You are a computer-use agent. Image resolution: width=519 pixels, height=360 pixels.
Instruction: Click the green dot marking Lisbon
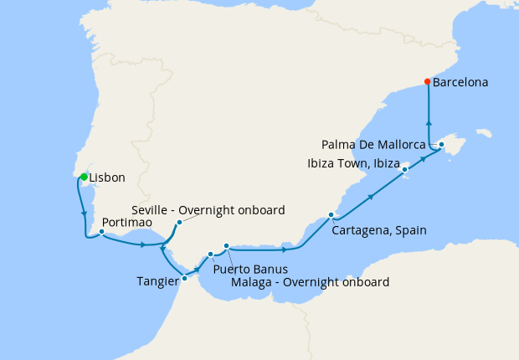pyautogui.click(x=84, y=177)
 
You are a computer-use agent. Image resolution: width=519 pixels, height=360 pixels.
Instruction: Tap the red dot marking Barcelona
pyautogui.click(x=428, y=82)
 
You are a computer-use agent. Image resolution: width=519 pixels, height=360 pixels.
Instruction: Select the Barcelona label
pyautogui.click(x=460, y=83)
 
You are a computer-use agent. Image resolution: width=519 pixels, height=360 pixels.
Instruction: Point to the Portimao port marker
pyautogui.click(x=101, y=232)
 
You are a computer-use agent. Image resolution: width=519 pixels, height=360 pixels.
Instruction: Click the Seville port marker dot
pyautogui.click(x=179, y=223)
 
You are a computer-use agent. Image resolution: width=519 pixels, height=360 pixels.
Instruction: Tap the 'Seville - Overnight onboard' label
pyautogui.click(x=208, y=209)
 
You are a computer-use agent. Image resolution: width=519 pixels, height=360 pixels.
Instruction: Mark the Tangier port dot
pyautogui.click(x=184, y=278)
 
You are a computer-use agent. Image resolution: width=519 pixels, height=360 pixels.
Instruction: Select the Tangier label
pyautogui.click(x=157, y=281)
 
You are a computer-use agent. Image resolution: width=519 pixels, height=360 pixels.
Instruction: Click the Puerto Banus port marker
pyautogui.click(x=210, y=254)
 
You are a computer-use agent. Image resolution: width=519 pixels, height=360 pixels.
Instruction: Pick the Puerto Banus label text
pyautogui.click(x=250, y=270)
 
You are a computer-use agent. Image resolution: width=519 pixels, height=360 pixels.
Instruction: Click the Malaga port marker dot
pyautogui.click(x=226, y=245)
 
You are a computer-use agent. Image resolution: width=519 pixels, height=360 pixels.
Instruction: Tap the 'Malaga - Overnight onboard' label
pyautogui.click(x=310, y=282)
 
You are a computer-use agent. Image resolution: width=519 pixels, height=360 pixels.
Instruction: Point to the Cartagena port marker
pyautogui.click(x=331, y=215)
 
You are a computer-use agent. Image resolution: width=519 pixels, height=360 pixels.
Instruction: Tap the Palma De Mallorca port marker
pyautogui.click(x=441, y=145)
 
